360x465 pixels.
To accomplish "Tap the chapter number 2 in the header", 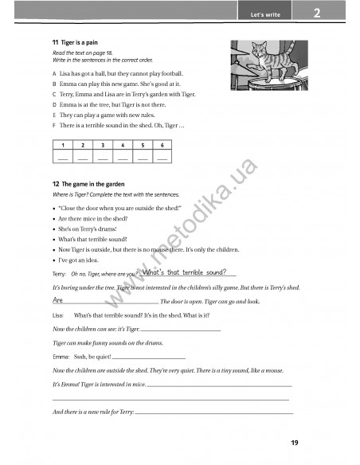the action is click(316, 13).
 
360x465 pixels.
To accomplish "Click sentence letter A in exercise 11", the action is click(53, 72).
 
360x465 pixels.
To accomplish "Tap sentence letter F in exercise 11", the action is click(53, 125).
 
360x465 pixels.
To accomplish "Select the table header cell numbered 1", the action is click(62, 146).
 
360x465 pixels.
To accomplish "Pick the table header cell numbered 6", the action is click(162, 146).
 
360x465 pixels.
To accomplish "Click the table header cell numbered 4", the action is click(122, 146).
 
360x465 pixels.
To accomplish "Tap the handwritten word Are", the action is click(57, 301).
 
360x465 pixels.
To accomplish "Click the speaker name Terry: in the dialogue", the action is click(59, 274).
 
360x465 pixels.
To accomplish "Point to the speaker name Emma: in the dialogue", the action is click(60, 357).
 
